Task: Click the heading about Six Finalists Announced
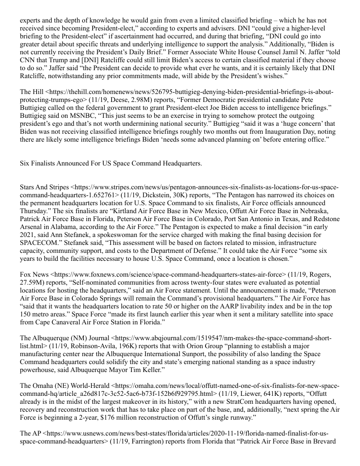(111, 163)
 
